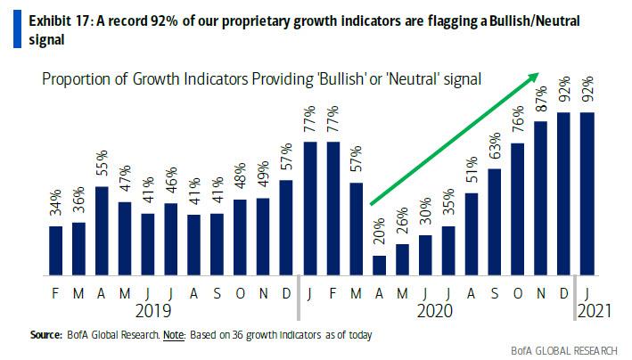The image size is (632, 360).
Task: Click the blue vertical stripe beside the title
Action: pyautogui.click(x=7, y=25)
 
